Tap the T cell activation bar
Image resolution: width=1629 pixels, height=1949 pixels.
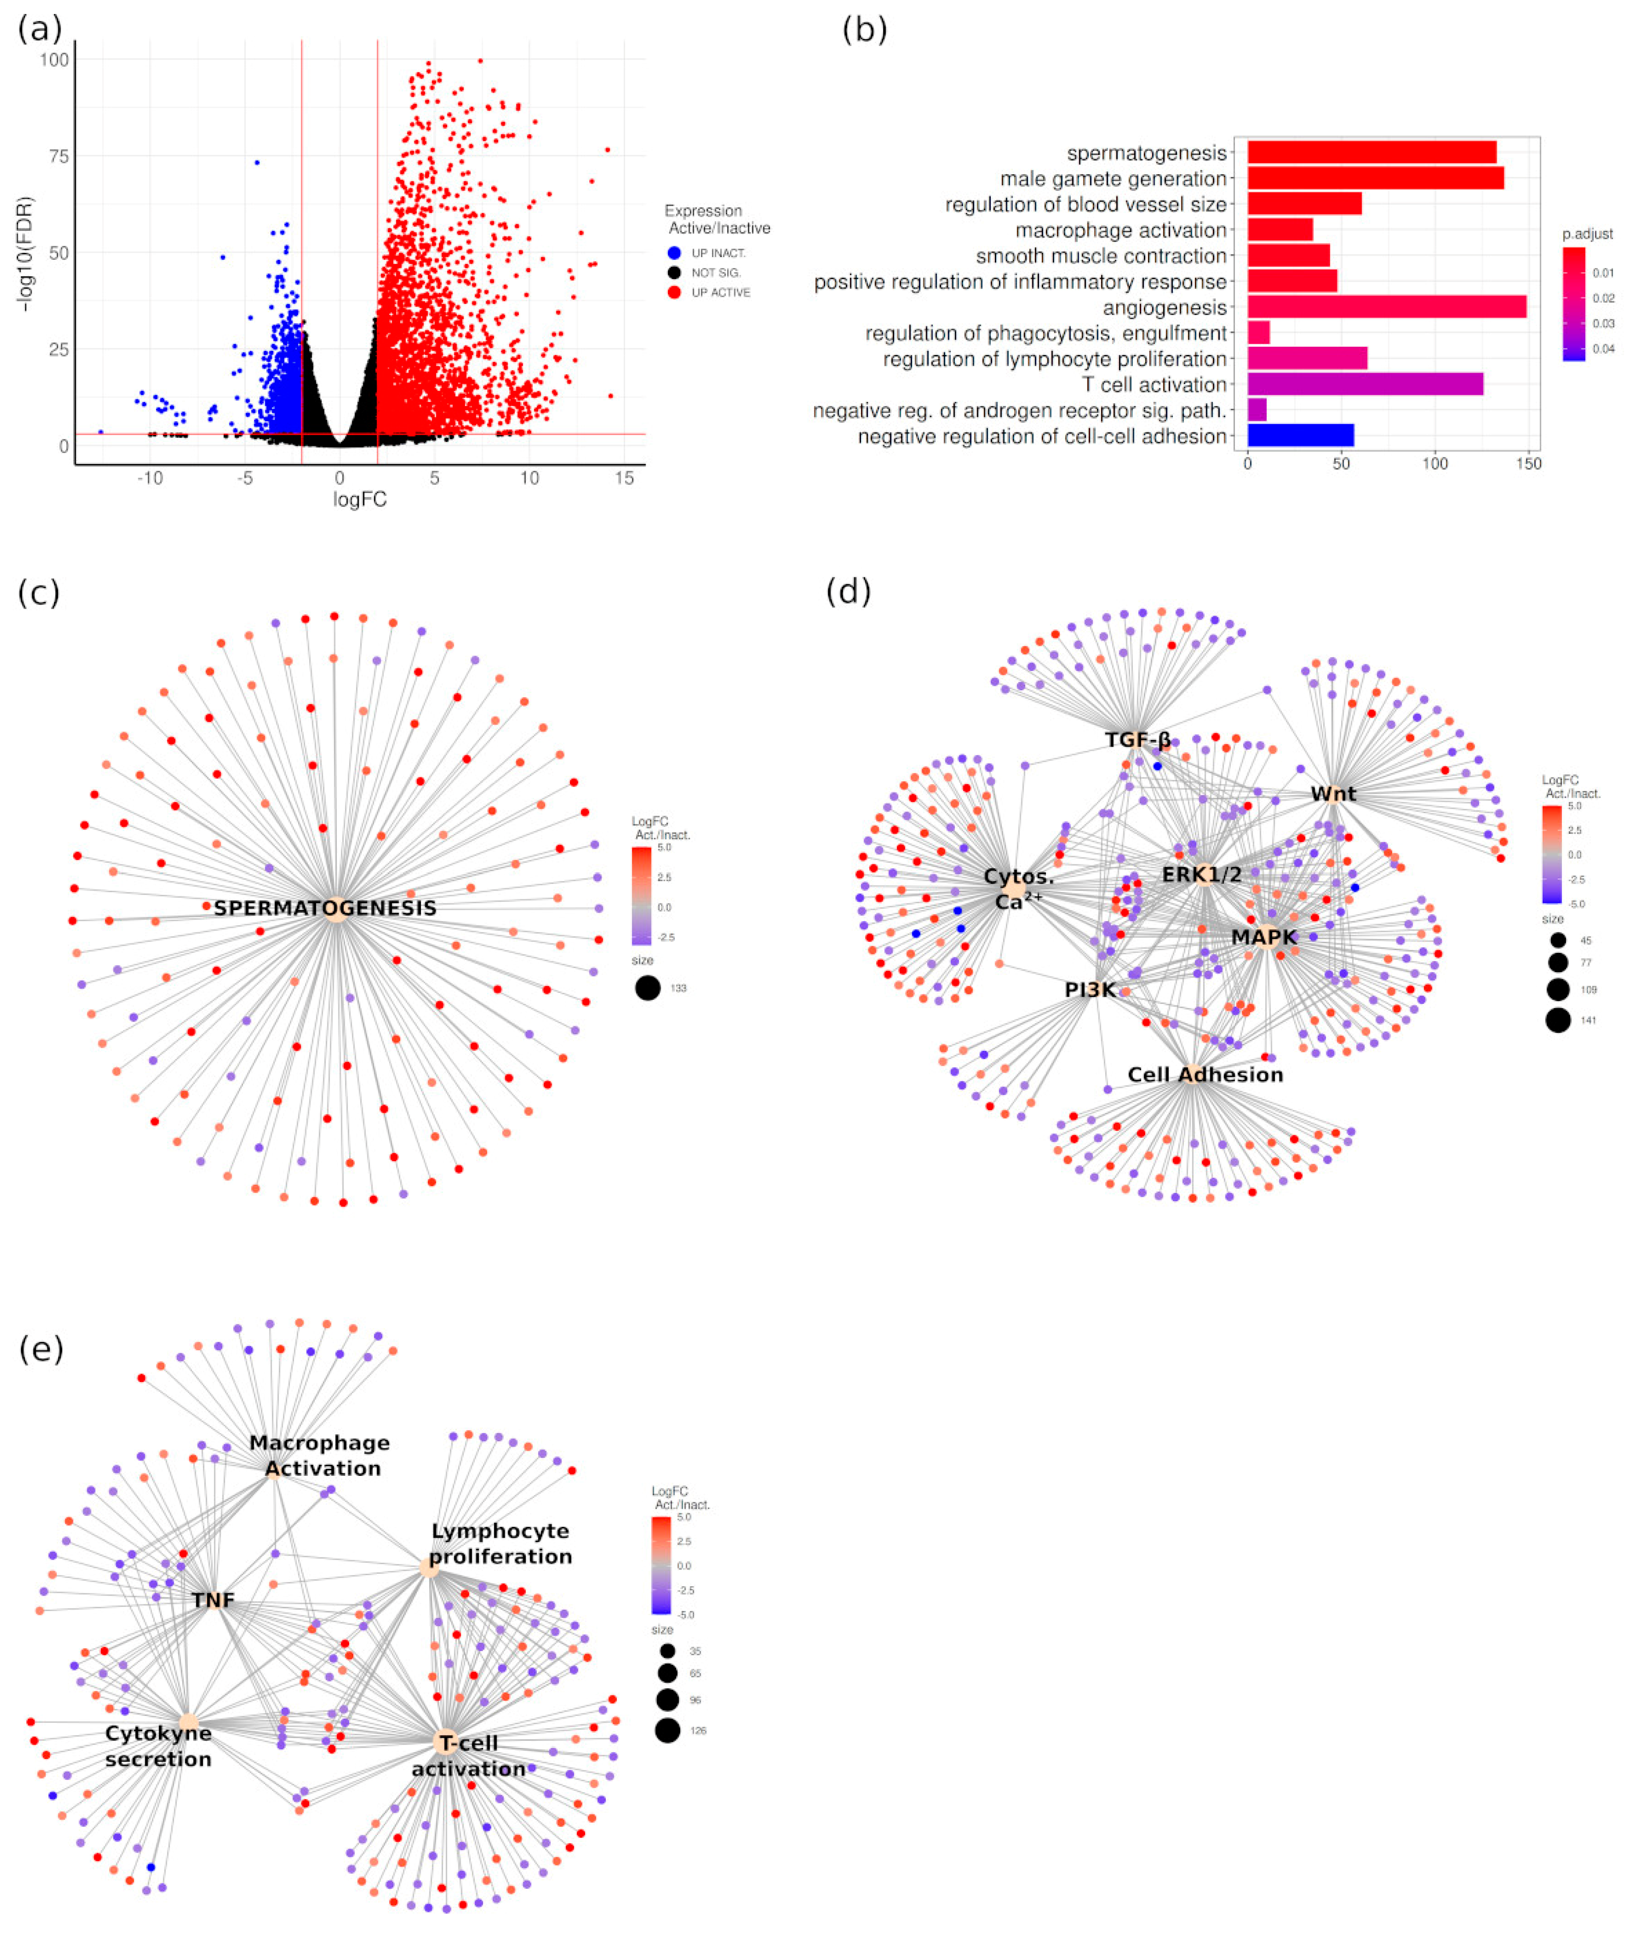[x=1365, y=384]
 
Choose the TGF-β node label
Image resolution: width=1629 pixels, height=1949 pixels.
[x=1137, y=740]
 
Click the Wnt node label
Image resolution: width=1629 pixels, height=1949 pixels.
[x=1333, y=794]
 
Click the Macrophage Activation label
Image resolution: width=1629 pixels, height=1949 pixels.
[x=320, y=1455]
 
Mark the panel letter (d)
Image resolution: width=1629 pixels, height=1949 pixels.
[x=847, y=591]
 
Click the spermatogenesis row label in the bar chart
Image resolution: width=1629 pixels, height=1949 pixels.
[x=1146, y=153]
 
